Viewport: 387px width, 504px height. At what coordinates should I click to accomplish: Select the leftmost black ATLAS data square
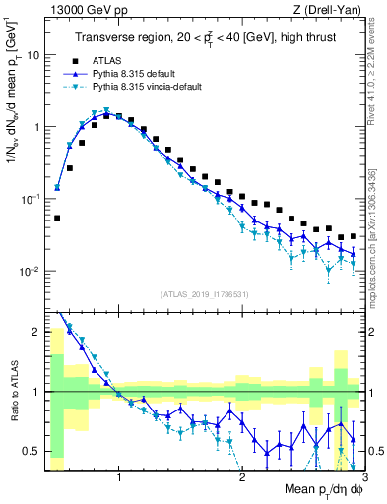57,219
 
